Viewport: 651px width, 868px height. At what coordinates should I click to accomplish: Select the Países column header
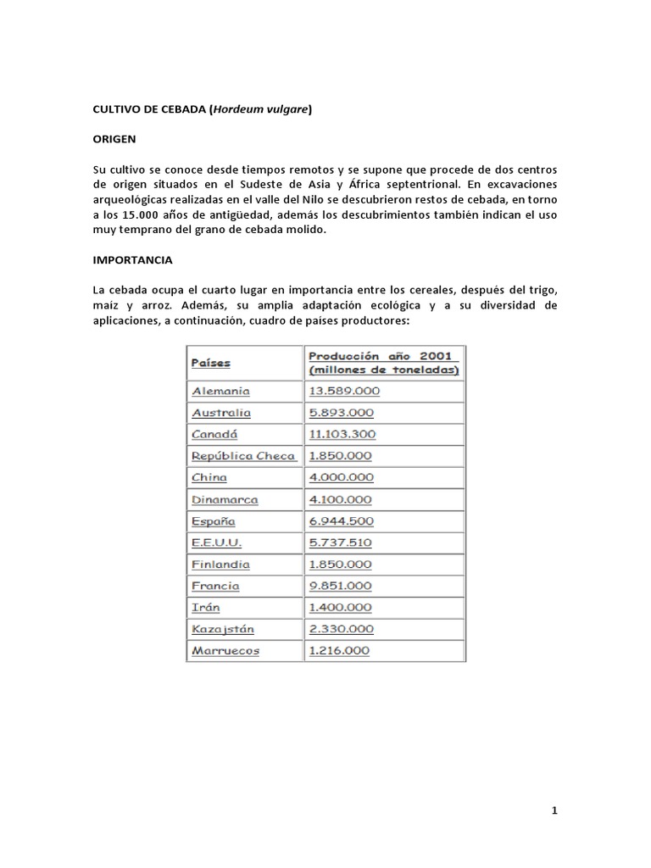tap(211, 363)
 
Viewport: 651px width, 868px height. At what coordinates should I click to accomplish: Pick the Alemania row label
tap(220, 391)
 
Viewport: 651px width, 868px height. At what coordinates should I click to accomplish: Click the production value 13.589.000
tap(344, 391)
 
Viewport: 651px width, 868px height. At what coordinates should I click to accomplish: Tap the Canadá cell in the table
tap(214, 434)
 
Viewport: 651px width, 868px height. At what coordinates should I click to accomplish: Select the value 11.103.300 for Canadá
tap(344, 434)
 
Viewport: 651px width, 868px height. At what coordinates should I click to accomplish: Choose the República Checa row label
tap(243, 456)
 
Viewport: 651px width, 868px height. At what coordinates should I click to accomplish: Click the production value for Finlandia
tap(341, 565)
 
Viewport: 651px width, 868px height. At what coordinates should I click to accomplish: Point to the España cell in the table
tap(214, 521)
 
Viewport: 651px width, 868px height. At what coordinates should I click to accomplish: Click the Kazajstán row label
tap(223, 630)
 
